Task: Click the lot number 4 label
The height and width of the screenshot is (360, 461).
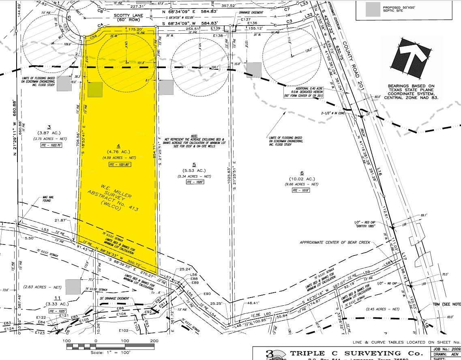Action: click(x=119, y=146)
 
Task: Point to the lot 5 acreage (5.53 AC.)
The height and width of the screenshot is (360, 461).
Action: click(x=194, y=170)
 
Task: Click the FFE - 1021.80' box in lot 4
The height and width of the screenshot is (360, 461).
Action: click(x=118, y=165)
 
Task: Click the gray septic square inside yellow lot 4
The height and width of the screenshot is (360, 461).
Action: click(x=95, y=90)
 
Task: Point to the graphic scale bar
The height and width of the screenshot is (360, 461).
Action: click(x=110, y=346)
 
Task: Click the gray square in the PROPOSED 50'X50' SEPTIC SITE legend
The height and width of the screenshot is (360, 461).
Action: click(x=373, y=9)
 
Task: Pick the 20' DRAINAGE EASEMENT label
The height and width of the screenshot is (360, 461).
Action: click(x=115, y=298)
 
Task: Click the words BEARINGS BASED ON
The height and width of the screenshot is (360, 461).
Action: click(x=411, y=86)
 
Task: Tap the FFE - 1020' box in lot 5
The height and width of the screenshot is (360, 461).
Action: click(x=194, y=182)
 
